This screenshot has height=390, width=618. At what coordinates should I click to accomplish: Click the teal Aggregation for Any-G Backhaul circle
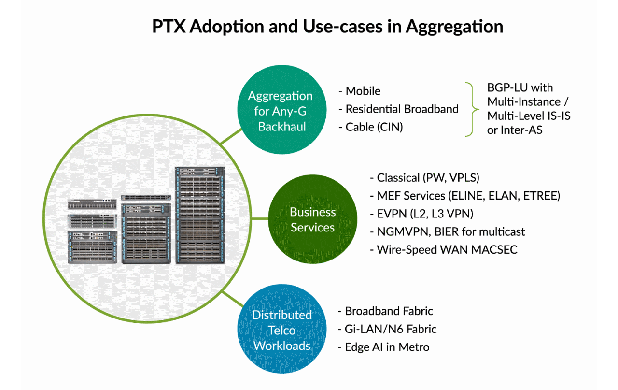(x=280, y=111)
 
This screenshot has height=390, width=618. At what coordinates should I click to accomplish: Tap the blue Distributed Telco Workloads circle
(x=281, y=331)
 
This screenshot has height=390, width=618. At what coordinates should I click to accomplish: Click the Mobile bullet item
(x=360, y=91)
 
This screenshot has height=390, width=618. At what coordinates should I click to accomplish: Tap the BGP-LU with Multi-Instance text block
(x=528, y=109)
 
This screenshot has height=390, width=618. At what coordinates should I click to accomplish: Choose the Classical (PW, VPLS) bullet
(x=424, y=178)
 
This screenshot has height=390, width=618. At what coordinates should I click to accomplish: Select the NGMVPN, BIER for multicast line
(x=447, y=231)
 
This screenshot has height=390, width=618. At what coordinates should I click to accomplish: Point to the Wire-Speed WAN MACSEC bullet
(x=443, y=250)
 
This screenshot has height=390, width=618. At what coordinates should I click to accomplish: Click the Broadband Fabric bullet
(x=386, y=311)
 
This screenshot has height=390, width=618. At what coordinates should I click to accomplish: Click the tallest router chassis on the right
(x=200, y=216)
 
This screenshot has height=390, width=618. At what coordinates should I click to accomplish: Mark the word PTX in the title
(x=169, y=26)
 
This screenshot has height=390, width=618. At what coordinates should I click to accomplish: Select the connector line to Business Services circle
(x=255, y=219)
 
